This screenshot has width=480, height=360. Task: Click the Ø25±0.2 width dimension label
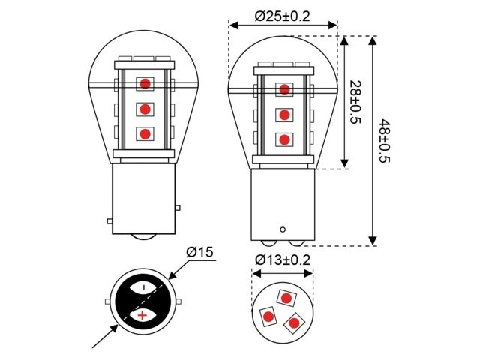coord(283,14)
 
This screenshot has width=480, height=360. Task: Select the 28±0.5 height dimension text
coord(354,103)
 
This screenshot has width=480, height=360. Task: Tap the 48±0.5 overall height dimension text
coord(385,140)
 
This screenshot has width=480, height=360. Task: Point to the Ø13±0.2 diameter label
coord(283,260)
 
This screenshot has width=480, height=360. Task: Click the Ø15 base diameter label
coord(200,253)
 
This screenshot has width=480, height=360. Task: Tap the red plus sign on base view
coord(141,316)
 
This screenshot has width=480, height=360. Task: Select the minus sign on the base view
coord(144,288)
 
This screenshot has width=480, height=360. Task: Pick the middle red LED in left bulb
coord(145,109)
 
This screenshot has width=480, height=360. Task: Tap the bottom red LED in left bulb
coord(145,134)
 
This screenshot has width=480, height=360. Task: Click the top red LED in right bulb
coord(284,90)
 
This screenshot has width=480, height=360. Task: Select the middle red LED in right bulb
coord(284,115)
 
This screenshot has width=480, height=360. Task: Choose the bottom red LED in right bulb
coord(284,139)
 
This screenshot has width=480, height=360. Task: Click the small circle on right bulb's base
coord(283,229)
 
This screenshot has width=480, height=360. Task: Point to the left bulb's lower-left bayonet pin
coord(109,220)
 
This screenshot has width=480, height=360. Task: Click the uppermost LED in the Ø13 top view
coord(286,298)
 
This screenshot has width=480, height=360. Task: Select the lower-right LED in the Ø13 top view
coord(294,322)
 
